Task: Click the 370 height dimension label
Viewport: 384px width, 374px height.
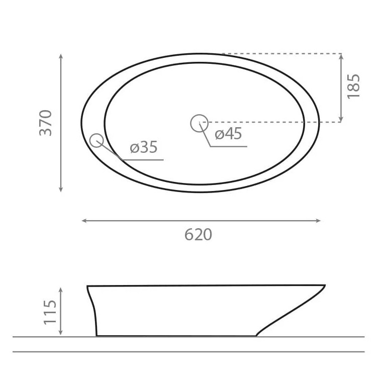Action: (x=46, y=123)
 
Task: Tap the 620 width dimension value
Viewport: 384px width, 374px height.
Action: (x=198, y=235)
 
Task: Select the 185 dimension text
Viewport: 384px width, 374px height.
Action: (x=354, y=86)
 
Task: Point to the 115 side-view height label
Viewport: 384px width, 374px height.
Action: (x=50, y=312)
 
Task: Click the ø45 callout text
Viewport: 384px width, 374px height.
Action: (x=228, y=134)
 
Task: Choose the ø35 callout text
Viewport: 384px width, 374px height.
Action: (x=144, y=147)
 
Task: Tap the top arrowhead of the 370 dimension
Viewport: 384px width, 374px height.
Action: (x=61, y=56)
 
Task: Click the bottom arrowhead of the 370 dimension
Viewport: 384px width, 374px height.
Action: (x=61, y=190)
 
